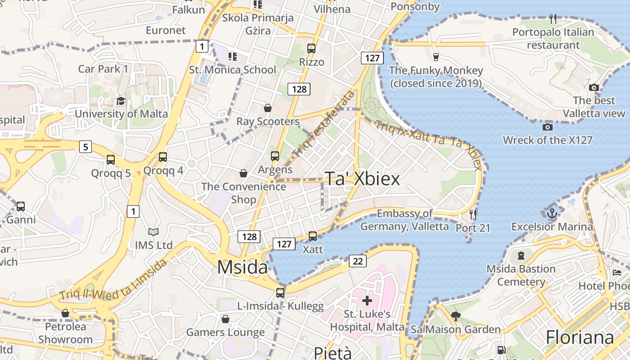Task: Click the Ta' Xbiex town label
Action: click(362, 179)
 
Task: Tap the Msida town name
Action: click(243, 267)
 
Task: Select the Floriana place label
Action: click(580, 337)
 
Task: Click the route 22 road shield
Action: click(357, 261)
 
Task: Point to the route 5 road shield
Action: click(85, 146)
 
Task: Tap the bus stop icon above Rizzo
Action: click(311, 49)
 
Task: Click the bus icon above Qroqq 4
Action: click(163, 157)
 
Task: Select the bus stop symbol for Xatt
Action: click(312, 236)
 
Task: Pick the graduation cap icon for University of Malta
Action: click(121, 101)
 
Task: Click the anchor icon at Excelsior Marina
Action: click(552, 213)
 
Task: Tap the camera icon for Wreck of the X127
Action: click(548, 127)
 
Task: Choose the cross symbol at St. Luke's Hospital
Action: click(367, 300)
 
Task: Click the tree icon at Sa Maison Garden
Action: click(455, 316)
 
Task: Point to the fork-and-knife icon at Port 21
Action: click(472, 214)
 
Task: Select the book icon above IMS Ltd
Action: click(153, 232)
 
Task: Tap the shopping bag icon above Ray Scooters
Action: click(268, 108)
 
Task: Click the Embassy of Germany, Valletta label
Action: click(405, 220)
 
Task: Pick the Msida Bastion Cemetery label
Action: click(521, 275)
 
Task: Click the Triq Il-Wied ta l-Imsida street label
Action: click(112, 282)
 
